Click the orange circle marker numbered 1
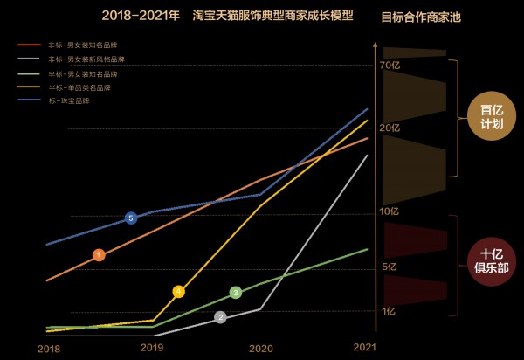tap(99, 255)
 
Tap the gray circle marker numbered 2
tap(220, 317)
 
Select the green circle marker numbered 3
tap(235, 293)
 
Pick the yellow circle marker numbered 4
tap(178, 292)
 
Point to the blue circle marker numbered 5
tap(131, 218)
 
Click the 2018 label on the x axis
tap(49, 348)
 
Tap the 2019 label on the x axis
tap(153, 347)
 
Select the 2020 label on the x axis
tap(261, 348)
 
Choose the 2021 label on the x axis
tap(364, 347)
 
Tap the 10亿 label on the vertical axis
tap(389, 211)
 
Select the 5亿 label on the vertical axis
tap(389, 266)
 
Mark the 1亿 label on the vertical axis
tap(389, 310)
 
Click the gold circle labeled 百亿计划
tap(492, 117)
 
